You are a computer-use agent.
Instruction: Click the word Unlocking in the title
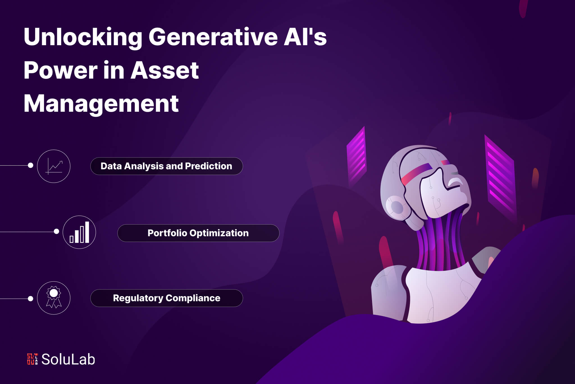(x=83, y=38)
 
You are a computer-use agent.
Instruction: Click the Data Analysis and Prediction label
(x=166, y=166)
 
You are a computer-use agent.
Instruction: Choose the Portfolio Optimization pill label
(x=198, y=233)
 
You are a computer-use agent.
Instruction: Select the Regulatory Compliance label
(x=166, y=298)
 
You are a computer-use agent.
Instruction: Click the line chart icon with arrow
(x=54, y=166)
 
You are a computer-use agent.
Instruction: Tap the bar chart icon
(x=79, y=232)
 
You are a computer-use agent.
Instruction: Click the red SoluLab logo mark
(x=32, y=359)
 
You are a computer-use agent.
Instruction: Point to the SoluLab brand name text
(x=68, y=359)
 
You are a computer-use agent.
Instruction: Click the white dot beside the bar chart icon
(x=56, y=231)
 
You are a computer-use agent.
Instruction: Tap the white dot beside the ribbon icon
(x=31, y=299)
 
